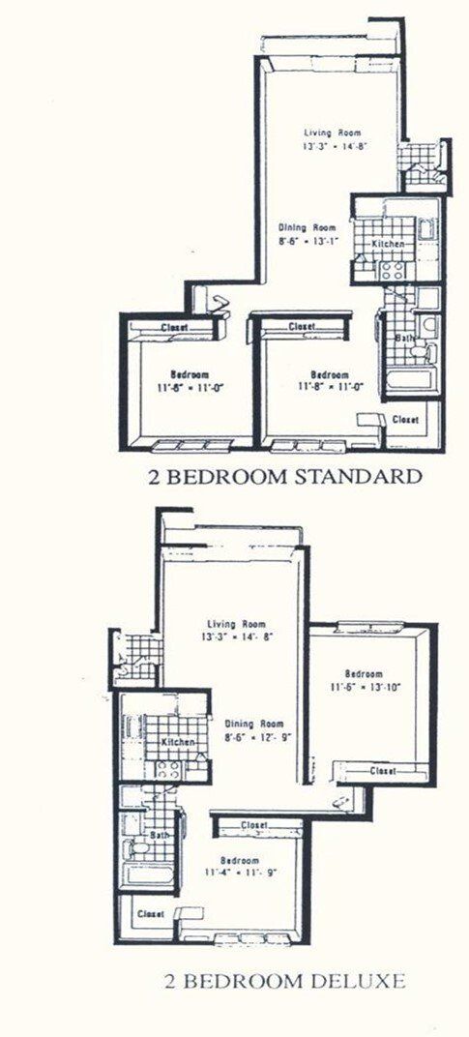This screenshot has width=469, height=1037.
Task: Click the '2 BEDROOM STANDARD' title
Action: tap(285, 476)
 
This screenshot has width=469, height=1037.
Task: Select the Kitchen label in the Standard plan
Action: tap(388, 244)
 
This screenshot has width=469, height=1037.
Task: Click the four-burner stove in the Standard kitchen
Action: tap(392, 269)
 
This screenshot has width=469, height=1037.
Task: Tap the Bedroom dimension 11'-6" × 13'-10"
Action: tap(364, 688)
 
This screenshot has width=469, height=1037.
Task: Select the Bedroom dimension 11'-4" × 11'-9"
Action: tap(239, 874)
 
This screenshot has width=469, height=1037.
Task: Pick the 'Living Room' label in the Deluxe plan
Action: tap(237, 623)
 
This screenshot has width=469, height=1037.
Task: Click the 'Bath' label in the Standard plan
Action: tap(405, 338)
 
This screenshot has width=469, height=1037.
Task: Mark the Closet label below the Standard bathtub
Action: tap(407, 419)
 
